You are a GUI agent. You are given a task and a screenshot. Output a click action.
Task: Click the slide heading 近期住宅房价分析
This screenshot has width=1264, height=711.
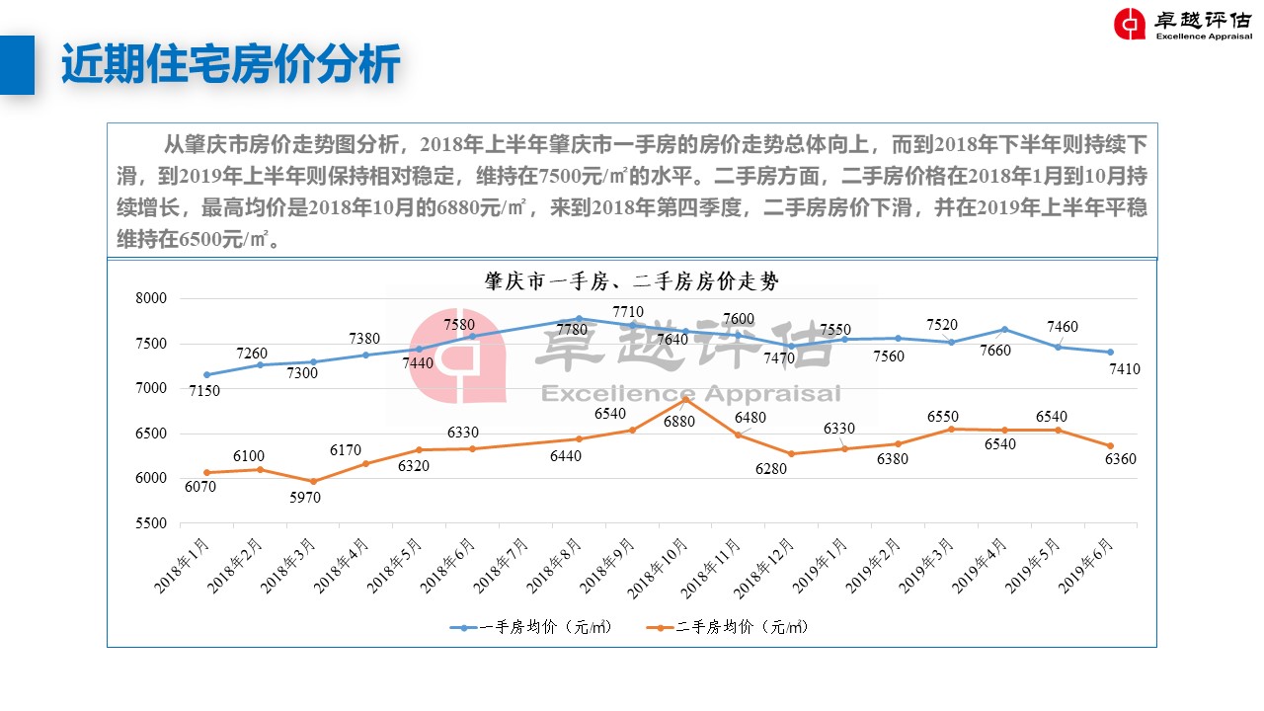230,65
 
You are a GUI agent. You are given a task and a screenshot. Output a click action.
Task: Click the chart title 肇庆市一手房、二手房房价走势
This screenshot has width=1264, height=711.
631,281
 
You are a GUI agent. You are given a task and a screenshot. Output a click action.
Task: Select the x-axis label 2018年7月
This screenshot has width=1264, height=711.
502,566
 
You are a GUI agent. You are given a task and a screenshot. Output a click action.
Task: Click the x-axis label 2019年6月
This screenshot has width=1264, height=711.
1086,566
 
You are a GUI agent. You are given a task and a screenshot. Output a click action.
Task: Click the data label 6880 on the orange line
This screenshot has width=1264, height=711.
678,422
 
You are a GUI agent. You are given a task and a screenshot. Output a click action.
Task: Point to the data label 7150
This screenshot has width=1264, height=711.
204,391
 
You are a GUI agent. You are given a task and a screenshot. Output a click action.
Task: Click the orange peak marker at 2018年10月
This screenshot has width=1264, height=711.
685,399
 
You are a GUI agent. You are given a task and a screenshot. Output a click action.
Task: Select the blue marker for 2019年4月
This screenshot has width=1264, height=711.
1004,329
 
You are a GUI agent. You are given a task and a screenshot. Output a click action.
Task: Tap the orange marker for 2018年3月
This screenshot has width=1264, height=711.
313,482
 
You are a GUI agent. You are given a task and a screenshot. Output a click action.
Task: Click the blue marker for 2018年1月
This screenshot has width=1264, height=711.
206,374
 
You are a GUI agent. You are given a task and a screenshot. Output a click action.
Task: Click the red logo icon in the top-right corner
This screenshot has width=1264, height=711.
1130,25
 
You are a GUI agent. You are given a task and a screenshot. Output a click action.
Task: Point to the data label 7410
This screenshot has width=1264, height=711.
1125,370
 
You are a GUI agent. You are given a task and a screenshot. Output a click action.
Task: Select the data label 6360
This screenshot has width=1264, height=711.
1121,459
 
